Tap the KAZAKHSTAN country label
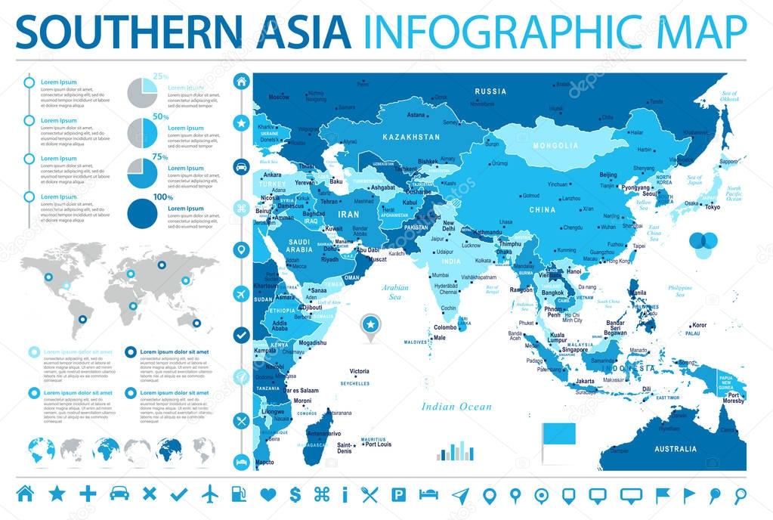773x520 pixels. (x=410, y=138)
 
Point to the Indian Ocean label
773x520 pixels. (x=457, y=407)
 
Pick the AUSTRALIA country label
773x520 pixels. (x=676, y=449)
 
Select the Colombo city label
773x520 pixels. (x=445, y=327)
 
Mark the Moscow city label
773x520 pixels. (x=279, y=97)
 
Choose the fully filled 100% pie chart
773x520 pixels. (x=142, y=213)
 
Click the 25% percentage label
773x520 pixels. (x=161, y=76)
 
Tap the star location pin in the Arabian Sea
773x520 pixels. (x=370, y=326)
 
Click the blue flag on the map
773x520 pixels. (x=558, y=435)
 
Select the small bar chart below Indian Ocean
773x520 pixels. (x=455, y=451)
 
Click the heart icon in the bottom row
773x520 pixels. (x=267, y=494)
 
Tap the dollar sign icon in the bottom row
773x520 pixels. (x=295, y=494)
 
